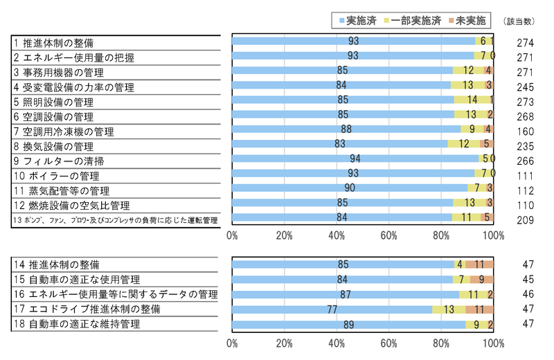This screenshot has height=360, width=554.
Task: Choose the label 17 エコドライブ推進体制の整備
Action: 87,308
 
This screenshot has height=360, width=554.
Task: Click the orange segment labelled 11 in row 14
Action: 479,264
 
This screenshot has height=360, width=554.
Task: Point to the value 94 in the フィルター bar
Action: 355,159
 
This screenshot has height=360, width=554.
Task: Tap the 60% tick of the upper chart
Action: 388,235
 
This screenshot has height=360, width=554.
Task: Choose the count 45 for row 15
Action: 526,280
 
